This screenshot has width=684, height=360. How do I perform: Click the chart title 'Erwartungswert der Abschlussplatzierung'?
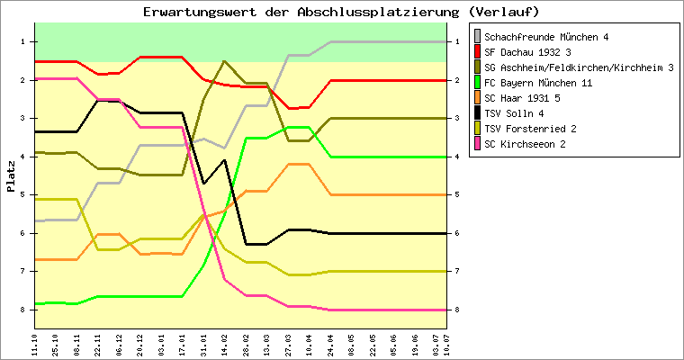coord(341,12)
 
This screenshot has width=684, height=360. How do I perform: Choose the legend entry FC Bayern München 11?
coord(537,83)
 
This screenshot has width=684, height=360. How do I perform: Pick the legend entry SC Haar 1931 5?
coord(521,98)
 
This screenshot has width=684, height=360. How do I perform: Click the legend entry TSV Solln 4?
coord(513,113)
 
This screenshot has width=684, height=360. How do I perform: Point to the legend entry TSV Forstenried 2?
coord(530,129)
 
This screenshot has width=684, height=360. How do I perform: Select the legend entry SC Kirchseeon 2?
coord(525,144)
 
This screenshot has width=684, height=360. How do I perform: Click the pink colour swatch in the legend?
coord(477,144)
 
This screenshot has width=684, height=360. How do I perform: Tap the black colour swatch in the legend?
coord(477,113)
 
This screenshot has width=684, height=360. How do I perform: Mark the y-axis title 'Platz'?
coord(11,175)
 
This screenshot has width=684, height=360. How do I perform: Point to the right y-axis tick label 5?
coord(457,194)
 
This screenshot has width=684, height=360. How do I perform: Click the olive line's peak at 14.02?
coord(224,61)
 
